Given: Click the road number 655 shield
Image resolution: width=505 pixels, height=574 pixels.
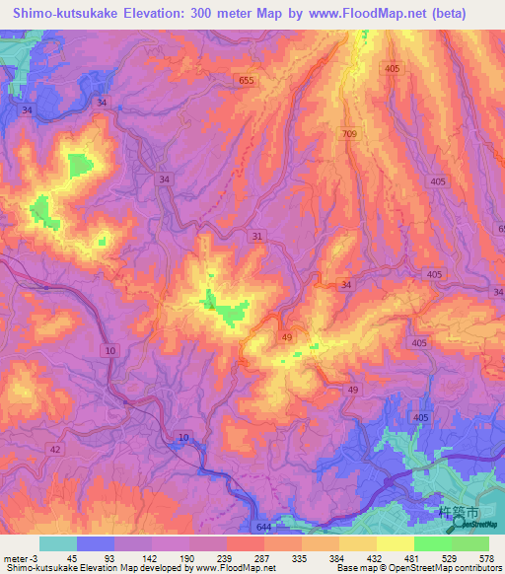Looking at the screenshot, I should click(247, 79).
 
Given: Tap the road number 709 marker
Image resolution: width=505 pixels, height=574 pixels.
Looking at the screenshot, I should click(351, 133).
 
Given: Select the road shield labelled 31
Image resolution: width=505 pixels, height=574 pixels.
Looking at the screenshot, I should click(257, 236).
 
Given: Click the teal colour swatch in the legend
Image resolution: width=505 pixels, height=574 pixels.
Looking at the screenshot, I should click(58, 543).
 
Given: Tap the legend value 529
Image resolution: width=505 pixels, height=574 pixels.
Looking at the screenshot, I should click(451, 557).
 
